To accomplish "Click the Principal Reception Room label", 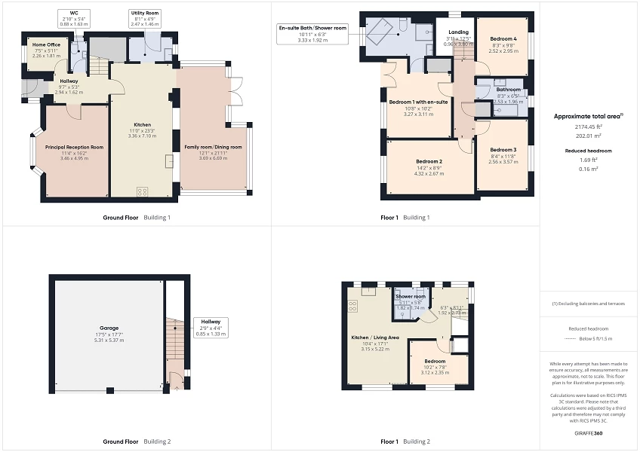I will point(74,147).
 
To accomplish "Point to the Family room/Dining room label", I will point(213,147).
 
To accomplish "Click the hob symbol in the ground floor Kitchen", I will point(142,191).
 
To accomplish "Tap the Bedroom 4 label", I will point(503,38).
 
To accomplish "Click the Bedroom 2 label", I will point(429,162).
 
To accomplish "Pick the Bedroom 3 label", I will point(503,150).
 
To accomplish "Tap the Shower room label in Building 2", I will point(411,297).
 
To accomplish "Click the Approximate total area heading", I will point(588,116).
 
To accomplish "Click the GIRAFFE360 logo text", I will point(589,434).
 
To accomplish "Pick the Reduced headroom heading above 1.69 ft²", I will point(589,151).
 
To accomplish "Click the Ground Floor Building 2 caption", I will point(137,441).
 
